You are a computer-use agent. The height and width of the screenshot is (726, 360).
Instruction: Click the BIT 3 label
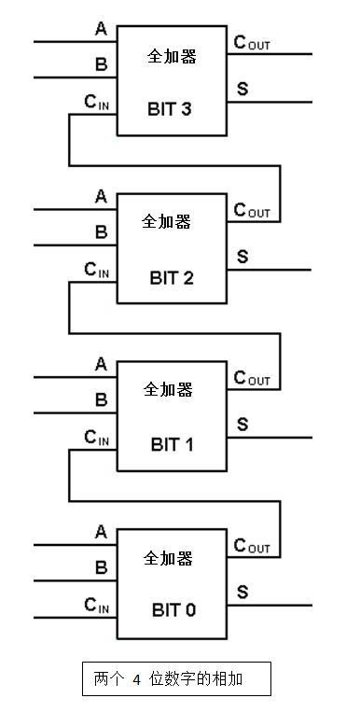click(x=170, y=109)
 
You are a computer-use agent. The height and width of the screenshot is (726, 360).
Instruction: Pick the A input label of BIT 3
click(x=101, y=29)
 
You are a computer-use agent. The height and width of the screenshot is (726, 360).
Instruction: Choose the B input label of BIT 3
click(x=101, y=65)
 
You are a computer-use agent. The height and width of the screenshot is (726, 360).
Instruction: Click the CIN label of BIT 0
click(x=97, y=605)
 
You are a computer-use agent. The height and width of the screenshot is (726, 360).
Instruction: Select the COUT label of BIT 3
click(x=252, y=43)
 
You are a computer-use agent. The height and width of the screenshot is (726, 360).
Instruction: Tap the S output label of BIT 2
click(x=242, y=256)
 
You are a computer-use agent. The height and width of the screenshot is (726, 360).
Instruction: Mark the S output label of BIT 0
click(x=242, y=592)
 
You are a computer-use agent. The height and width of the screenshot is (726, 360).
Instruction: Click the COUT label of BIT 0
click(x=252, y=546)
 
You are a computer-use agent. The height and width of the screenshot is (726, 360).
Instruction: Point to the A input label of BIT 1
click(x=101, y=364)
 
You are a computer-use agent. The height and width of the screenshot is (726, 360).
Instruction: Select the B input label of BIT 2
click(x=101, y=232)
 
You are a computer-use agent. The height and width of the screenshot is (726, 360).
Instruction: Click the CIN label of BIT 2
click(x=97, y=270)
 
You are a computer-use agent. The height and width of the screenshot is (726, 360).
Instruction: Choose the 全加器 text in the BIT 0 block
click(x=168, y=558)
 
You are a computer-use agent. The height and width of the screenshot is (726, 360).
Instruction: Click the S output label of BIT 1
click(x=242, y=425)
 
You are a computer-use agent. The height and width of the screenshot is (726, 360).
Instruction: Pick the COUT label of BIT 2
click(x=252, y=211)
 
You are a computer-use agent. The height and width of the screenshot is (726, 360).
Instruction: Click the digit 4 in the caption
click(x=136, y=679)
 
